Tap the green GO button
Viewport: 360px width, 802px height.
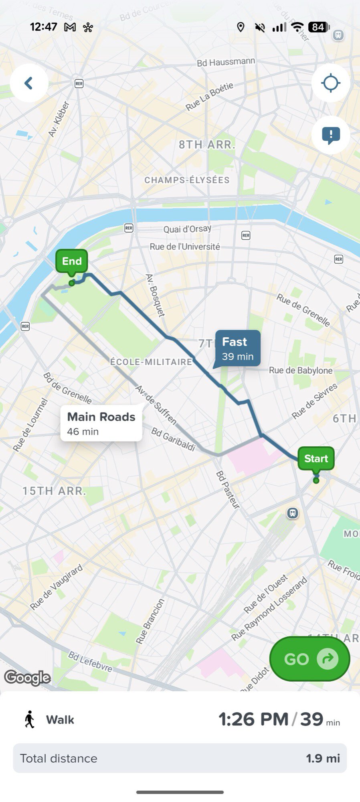click(309, 659)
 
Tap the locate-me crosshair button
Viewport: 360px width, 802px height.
click(331, 83)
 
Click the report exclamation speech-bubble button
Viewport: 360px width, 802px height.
click(331, 135)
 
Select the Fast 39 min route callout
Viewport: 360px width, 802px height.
click(238, 348)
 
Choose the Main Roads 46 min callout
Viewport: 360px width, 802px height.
click(101, 423)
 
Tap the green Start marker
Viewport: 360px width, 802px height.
click(316, 458)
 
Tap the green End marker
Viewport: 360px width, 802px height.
click(72, 261)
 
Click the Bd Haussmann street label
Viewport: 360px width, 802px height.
click(226, 62)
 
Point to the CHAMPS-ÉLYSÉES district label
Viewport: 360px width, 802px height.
click(187, 180)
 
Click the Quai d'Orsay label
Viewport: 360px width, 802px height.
click(187, 229)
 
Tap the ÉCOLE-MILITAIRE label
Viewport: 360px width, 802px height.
click(152, 362)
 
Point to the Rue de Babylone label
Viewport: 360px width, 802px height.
click(301, 371)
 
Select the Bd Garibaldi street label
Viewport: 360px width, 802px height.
click(173, 439)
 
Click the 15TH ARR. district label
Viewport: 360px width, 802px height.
click(54, 491)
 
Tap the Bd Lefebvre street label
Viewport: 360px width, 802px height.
click(90, 661)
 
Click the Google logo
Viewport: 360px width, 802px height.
click(27, 677)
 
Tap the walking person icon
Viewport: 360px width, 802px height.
click(30, 719)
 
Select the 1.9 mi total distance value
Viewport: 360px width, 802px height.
click(323, 758)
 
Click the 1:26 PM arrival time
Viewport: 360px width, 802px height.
click(253, 719)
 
